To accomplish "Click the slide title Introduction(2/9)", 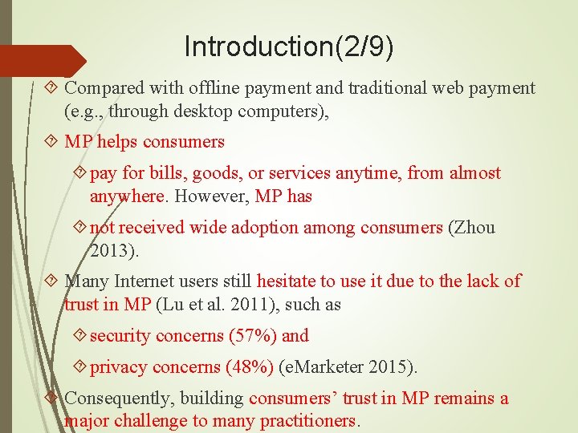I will pyautogui.click(x=289, y=47).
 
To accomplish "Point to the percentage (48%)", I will pyautogui.click(x=250, y=367).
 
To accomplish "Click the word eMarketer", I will pyautogui.click(x=327, y=367).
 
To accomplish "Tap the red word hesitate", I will pyautogui.click(x=286, y=281).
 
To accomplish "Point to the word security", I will pyautogui.click(x=118, y=336).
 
